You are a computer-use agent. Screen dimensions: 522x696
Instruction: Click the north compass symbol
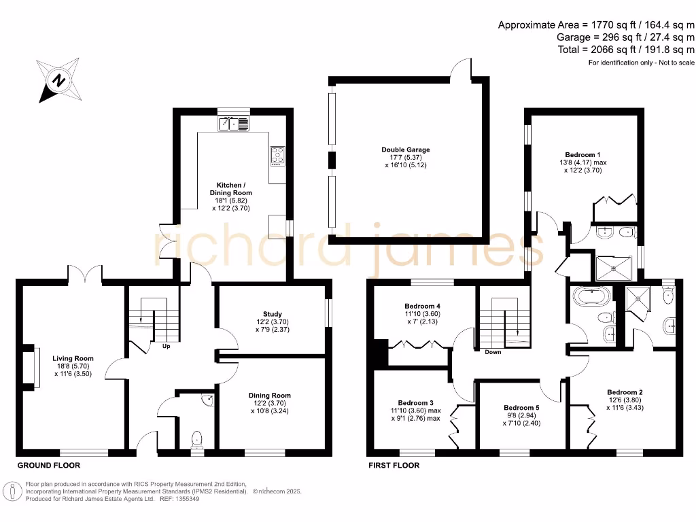pyautogui.click(x=60, y=81)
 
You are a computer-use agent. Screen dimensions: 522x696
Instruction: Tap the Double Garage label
pyautogui.click(x=405, y=150)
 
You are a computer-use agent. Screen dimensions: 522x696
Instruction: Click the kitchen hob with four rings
pyautogui.click(x=278, y=156)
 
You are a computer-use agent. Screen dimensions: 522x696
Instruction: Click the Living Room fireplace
pyautogui.click(x=28, y=368)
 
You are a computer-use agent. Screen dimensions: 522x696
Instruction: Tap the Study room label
pyautogui.click(x=272, y=314)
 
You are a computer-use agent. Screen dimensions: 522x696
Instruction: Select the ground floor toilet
pyautogui.click(x=198, y=440)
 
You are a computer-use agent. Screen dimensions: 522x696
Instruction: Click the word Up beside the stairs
pyautogui.click(x=165, y=346)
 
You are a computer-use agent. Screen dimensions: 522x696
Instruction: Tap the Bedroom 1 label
pyautogui.click(x=583, y=154)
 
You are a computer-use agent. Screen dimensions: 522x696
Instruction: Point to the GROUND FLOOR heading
pyautogui.click(x=48, y=466)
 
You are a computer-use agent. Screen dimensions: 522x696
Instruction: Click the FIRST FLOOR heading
pyautogui.click(x=394, y=466)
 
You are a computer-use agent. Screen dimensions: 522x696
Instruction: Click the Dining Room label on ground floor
pyautogui.click(x=271, y=395)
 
